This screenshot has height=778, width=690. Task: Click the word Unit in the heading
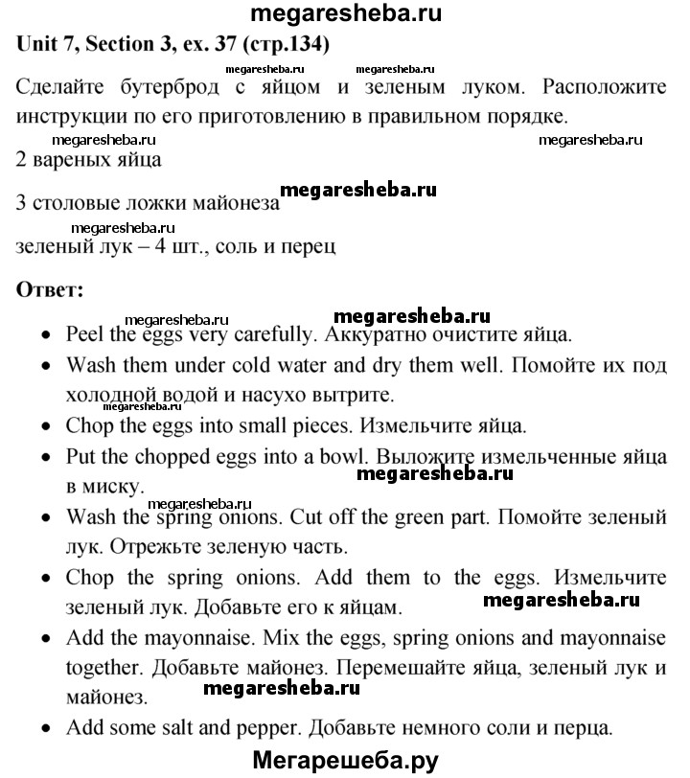pyautogui.click(x=38, y=45)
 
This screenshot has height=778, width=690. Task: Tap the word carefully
pyautogui.click(x=269, y=335)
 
